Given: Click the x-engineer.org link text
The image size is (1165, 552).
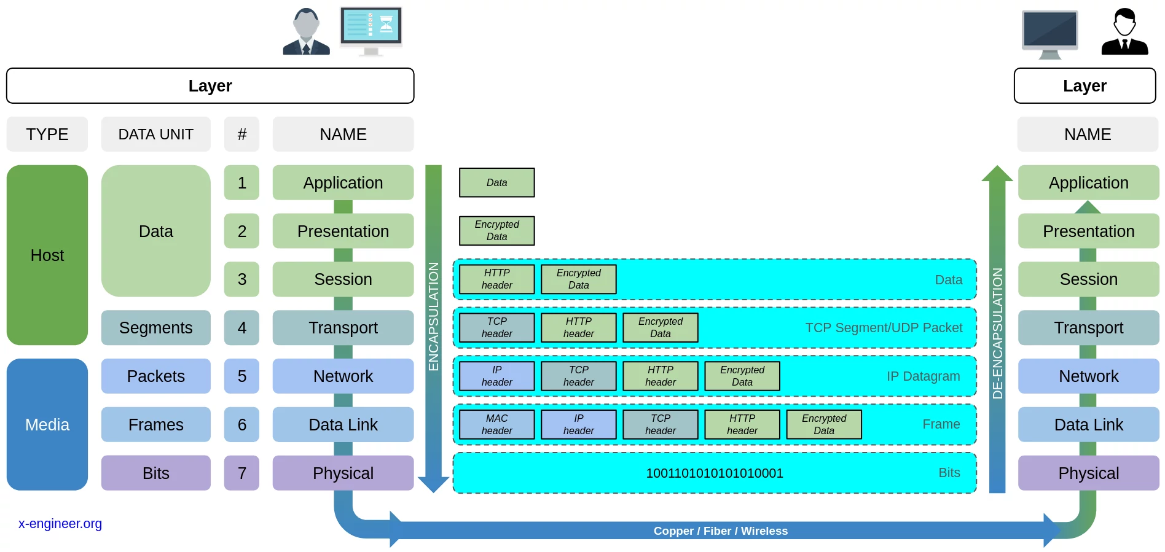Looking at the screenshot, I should [x=60, y=524].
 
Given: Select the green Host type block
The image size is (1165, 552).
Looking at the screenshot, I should [x=47, y=255].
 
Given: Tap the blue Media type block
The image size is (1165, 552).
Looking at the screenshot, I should [x=47, y=424].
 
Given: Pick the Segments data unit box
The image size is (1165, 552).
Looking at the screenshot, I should [x=155, y=328].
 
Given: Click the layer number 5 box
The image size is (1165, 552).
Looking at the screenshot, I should [x=241, y=376].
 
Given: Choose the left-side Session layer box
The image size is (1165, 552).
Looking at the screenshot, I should [x=343, y=279].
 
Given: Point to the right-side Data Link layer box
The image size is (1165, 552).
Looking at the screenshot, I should [x=1088, y=424].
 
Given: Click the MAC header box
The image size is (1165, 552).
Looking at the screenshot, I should [x=496, y=424].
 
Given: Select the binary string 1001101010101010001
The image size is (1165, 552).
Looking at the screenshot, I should [x=715, y=473].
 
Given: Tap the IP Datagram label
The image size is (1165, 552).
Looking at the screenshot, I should [x=923, y=376].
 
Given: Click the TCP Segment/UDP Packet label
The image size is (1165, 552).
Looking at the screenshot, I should [x=884, y=328].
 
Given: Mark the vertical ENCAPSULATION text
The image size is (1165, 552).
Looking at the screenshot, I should [x=434, y=316].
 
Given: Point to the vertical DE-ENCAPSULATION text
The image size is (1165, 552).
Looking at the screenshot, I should [x=997, y=333].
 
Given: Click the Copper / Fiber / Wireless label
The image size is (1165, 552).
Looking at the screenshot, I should [x=720, y=531].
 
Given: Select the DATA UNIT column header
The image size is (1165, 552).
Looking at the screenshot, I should [x=155, y=134].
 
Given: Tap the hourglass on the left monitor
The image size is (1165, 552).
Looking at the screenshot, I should [x=386, y=24].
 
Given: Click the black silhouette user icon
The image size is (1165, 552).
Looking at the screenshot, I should [x=1124, y=32].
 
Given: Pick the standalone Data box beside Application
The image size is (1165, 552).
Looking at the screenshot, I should [x=496, y=182].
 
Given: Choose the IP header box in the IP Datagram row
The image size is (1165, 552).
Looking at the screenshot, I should [x=496, y=376].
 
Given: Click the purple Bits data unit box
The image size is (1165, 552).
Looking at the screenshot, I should [x=155, y=473].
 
